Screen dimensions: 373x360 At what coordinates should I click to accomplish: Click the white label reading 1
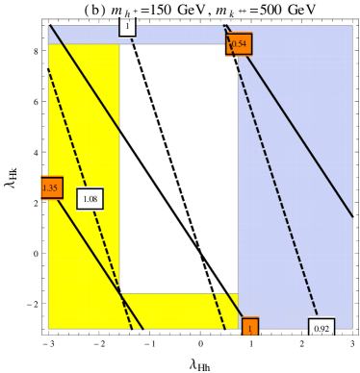[x=127, y=27]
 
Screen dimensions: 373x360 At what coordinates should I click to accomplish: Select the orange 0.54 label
[x=239, y=44]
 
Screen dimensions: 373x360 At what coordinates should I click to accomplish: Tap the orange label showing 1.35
[x=51, y=187]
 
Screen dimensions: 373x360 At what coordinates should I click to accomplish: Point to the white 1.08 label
[x=90, y=199]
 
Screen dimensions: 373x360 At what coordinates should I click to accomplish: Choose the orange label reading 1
[x=250, y=328]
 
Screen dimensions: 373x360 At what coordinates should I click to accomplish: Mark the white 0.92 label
[x=321, y=329]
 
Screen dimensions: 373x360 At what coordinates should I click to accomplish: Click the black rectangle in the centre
[x=178, y=168]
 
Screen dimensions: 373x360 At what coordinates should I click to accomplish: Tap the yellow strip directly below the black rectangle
[x=178, y=310]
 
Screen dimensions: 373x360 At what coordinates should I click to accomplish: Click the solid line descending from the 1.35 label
[x=96, y=260]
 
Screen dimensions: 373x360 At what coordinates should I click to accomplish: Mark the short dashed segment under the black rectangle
[x=219, y=310]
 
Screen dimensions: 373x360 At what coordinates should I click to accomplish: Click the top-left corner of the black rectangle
[x=120, y=45]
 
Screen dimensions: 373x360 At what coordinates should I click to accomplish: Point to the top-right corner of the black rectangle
[x=237, y=45]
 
